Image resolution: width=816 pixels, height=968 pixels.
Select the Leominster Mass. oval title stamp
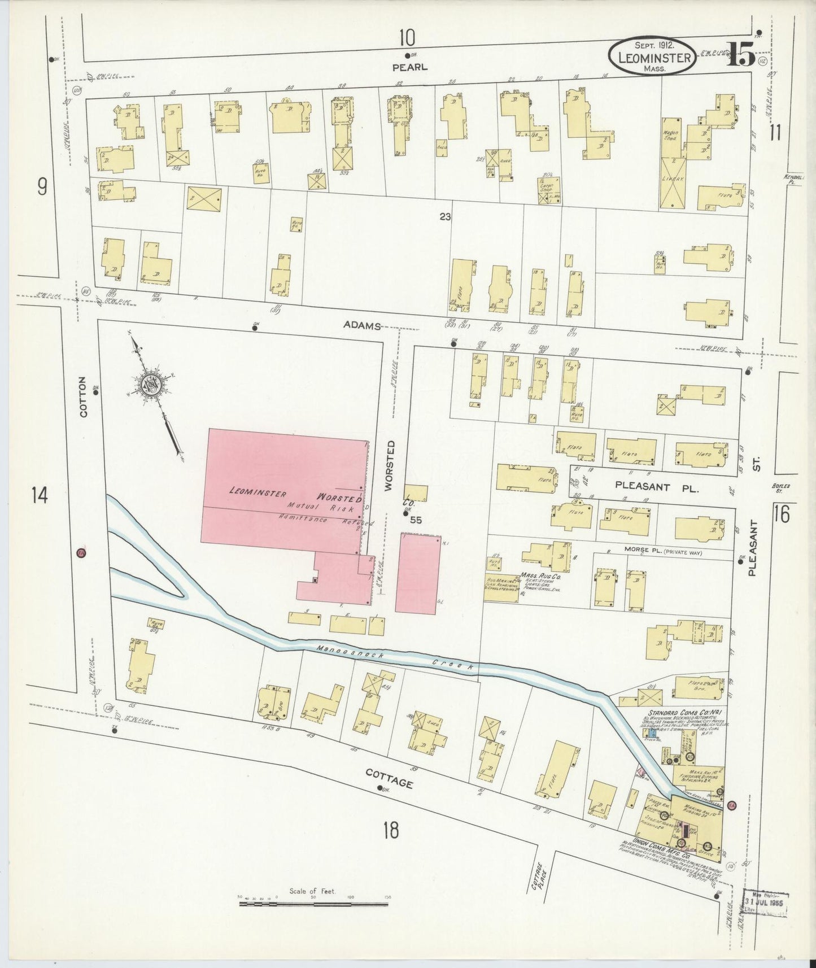coord(652,56)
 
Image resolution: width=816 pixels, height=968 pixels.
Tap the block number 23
coord(446,215)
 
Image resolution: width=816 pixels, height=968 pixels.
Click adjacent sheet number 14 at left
coord(40,496)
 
